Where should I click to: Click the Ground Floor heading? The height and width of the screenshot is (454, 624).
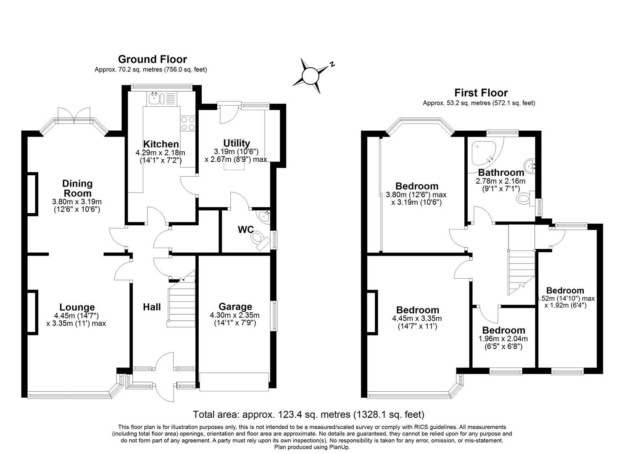point(152,59)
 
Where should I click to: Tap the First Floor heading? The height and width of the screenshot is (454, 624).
point(481,93)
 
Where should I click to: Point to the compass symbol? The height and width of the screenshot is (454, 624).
point(311,76)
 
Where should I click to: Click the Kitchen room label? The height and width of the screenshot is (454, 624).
point(161,144)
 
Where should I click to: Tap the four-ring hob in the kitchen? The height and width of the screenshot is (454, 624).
point(187,123)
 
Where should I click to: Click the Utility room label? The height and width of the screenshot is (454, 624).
point(236,143)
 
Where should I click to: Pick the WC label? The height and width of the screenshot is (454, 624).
point(245,230)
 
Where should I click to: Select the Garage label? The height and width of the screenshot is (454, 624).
point(235,306)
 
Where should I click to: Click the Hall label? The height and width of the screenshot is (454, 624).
point(152,307)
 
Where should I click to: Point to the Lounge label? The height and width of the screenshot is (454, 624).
point(77,307)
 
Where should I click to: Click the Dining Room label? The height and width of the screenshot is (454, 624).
point(77,188)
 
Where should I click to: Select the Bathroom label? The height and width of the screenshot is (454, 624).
point(501,172)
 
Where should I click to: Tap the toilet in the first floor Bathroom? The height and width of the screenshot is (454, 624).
point(526,198)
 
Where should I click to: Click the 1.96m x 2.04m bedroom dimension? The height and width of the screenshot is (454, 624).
point(503,339)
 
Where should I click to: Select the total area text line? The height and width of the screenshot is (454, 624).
point(308,415)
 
